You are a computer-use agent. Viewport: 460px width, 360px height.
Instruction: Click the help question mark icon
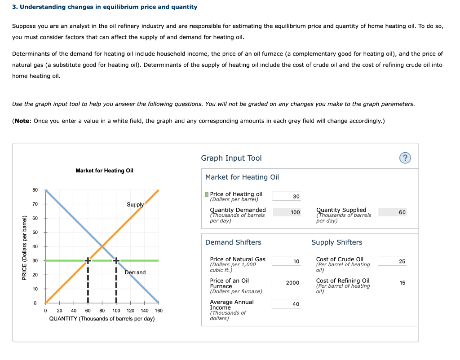(x=406, y=158)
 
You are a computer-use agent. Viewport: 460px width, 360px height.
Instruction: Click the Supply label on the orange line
(x=135, y=205)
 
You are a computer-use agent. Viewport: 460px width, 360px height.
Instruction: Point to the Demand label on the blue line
(x=135, y=272)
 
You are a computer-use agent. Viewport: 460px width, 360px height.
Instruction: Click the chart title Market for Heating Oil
(x=104, y=171)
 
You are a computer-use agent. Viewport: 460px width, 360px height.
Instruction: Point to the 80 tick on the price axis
(x=35, y=190)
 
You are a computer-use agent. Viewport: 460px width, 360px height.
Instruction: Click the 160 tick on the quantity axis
(x=158, y=311)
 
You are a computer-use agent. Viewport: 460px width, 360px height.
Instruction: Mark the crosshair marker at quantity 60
(x=88, y=260)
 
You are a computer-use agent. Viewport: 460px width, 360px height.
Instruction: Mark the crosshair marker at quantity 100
(x=116, y=260)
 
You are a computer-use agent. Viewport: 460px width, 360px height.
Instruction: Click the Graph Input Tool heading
(x=231, y=158)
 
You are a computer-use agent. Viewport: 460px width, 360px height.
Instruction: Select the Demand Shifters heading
(x=233, y=242)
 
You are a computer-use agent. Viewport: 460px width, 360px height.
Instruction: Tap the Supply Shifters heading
(x=336, y=242)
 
